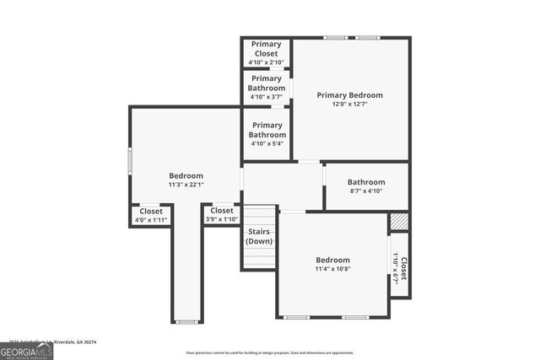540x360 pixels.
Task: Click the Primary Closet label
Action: coord(267,48)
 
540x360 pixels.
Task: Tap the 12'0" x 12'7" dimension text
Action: coord(349,105)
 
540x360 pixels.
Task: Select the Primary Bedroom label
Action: coord(349,95)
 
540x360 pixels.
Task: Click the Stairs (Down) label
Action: coord(259,237)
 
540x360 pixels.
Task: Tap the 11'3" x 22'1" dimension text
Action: coord(186,185)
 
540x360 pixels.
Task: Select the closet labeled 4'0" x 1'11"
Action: coord(151,215)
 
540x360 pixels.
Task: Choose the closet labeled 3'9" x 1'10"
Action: coord(222,215)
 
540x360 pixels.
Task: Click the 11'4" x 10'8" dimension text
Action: coord(332,270)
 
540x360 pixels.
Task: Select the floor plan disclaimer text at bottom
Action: coord(270,353)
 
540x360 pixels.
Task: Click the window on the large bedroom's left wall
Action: coord(130,160)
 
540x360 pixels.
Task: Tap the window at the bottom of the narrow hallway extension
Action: coord(186,321)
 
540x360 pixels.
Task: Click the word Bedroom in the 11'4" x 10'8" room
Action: coord(332,260)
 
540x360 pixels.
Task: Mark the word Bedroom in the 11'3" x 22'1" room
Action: coord(186,175)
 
